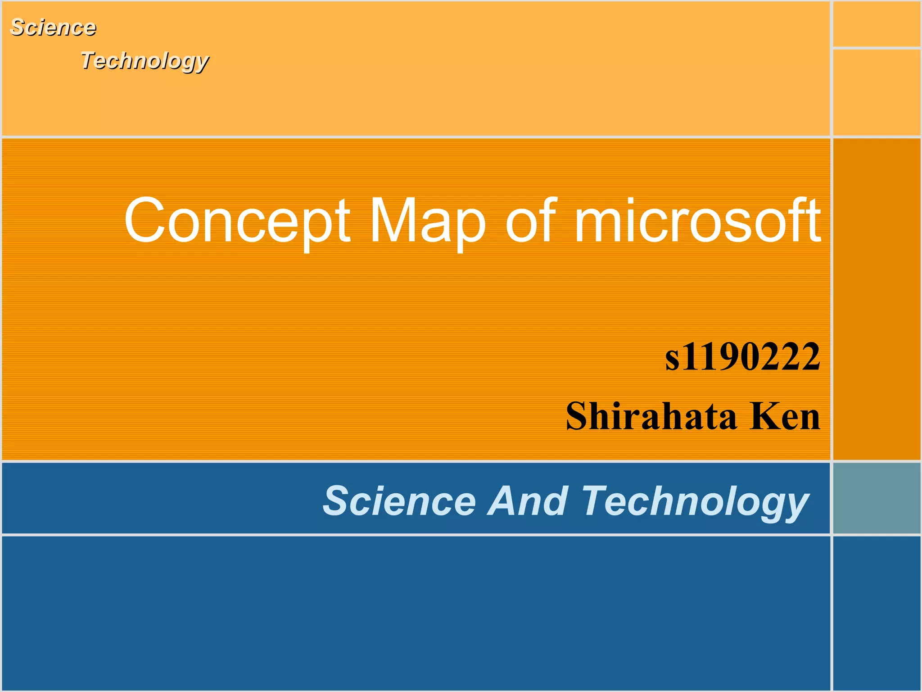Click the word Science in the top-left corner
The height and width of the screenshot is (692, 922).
pos(53,27)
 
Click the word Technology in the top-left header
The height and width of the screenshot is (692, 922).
pos(145,61)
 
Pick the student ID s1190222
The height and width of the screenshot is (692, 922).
pos(743,357)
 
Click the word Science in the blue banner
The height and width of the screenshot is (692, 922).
pos(400,501)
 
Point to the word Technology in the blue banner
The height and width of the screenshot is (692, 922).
pos(695,502)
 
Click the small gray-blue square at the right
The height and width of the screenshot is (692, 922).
pos(876,498)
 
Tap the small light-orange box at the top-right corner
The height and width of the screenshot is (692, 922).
pos(876,24)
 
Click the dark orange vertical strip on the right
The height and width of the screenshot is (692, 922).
pos(876,299)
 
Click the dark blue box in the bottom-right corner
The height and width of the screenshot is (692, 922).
pos(876,613)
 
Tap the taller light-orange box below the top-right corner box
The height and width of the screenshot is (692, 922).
pos(876,92)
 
